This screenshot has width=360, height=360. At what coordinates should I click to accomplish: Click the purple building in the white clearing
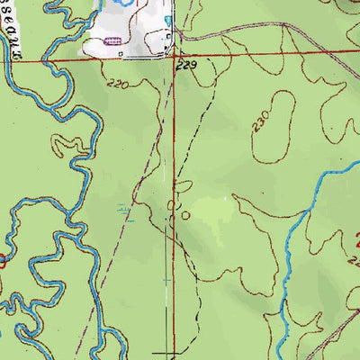pos(114,40)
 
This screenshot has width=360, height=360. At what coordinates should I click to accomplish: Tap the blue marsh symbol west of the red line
pos(126,212)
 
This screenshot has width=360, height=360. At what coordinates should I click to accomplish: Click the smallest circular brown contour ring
pos(185,216)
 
